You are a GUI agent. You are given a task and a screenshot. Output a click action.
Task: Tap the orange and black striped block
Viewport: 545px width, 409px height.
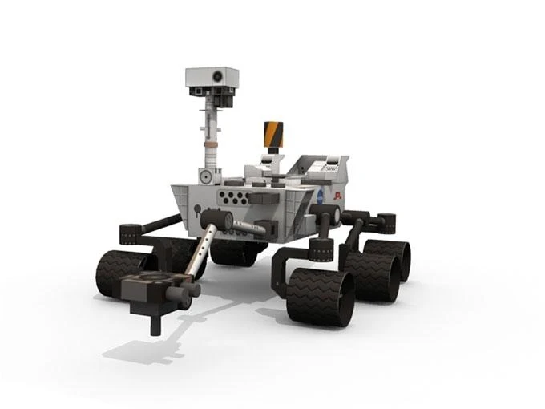tap(273, 135)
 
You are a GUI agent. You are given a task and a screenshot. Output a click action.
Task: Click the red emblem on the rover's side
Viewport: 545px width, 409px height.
tap(340, 195)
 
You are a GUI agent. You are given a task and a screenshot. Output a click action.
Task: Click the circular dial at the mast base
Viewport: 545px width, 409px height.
tap(206, 176)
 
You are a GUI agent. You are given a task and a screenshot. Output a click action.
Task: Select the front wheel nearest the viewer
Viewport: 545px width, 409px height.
tap(320, 297)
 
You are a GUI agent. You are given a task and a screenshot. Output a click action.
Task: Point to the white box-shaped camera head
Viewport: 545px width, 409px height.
tap(212, 78)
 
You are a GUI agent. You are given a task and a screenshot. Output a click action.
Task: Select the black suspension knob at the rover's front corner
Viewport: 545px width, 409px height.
tap(131, 233)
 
